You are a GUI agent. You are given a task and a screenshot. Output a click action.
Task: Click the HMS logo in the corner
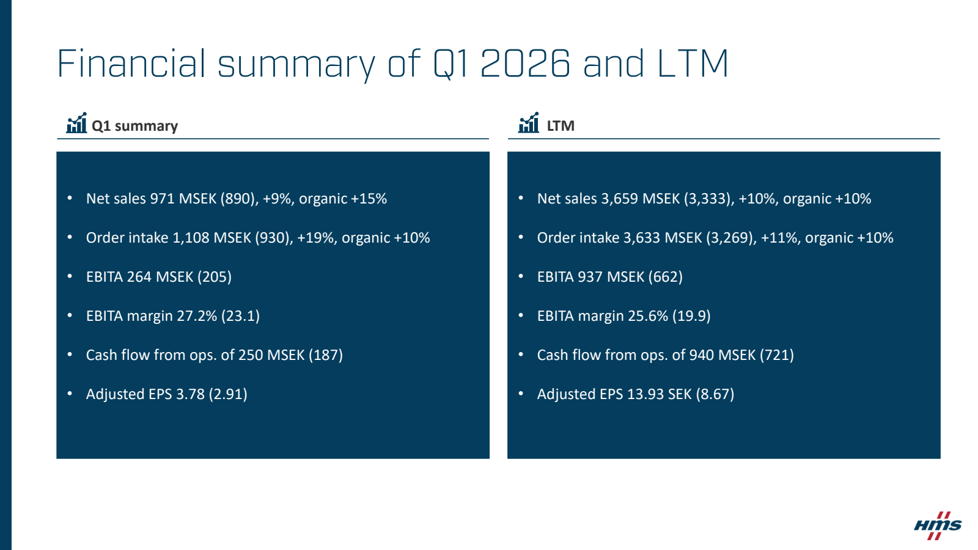938,526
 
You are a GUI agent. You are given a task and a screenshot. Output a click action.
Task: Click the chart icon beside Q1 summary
76,123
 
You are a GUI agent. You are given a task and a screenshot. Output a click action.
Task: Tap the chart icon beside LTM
528,123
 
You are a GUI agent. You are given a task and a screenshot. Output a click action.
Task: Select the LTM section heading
561,126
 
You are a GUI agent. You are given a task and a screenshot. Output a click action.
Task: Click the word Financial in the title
131,64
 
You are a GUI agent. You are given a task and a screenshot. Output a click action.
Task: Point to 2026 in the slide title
525,64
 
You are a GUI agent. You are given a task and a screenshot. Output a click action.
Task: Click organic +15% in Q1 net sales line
343,199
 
